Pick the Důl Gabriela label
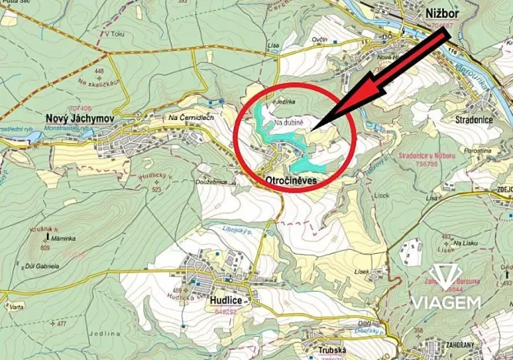42,264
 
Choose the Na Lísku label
467,242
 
